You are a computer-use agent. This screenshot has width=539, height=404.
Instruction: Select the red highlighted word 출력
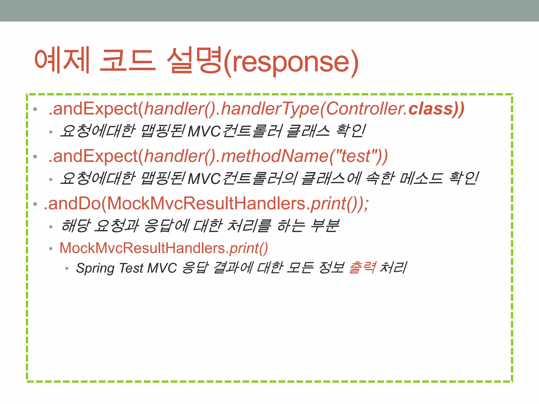pyautogui.click(x=362, y=268)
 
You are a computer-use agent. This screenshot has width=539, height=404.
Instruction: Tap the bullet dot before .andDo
pyautogui.click(x=35, y=204)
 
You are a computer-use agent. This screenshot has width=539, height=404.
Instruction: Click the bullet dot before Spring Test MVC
pyautogui.click(x=67, y=269)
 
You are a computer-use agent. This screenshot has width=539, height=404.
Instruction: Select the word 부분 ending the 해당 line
pyautogui.click(x=325, y=226)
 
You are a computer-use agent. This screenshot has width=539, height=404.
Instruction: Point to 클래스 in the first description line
pyautogui.click(x=308, y=131)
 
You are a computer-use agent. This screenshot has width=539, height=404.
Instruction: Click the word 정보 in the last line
pyautogui.click(x=331, y=268)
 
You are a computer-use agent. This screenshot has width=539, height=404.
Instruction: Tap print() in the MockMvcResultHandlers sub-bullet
pyautogui.click(x=248, y=248)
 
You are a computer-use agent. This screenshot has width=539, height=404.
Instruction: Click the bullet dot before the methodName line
pyautogui.click(x=35, y=157)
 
